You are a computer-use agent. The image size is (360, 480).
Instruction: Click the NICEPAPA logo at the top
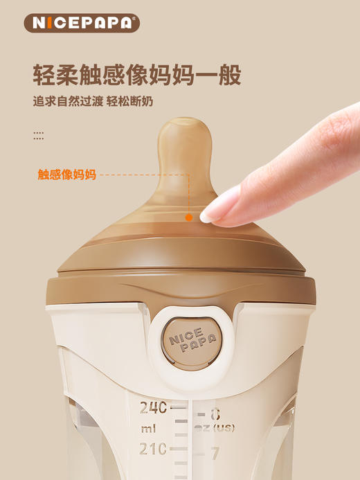coord(82,23)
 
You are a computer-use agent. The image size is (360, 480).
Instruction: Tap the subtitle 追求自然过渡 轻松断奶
coord(93,101)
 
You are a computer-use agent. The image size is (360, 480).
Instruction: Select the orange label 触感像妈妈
coord(66,175)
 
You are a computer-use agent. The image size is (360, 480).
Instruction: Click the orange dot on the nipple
coord(188,217)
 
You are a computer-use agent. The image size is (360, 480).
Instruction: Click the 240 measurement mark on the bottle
coord(154,408)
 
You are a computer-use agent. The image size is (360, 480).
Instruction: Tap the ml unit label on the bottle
coord(149,429)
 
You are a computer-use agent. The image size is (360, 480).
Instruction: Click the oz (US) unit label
coord(215,428)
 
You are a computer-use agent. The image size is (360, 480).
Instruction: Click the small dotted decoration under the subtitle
coord(39,135)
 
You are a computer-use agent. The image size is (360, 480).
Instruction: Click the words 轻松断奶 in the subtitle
coord(129,101)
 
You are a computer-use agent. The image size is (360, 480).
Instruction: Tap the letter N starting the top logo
coord(36,23)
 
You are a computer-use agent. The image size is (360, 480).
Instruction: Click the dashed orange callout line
coord(142,175)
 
